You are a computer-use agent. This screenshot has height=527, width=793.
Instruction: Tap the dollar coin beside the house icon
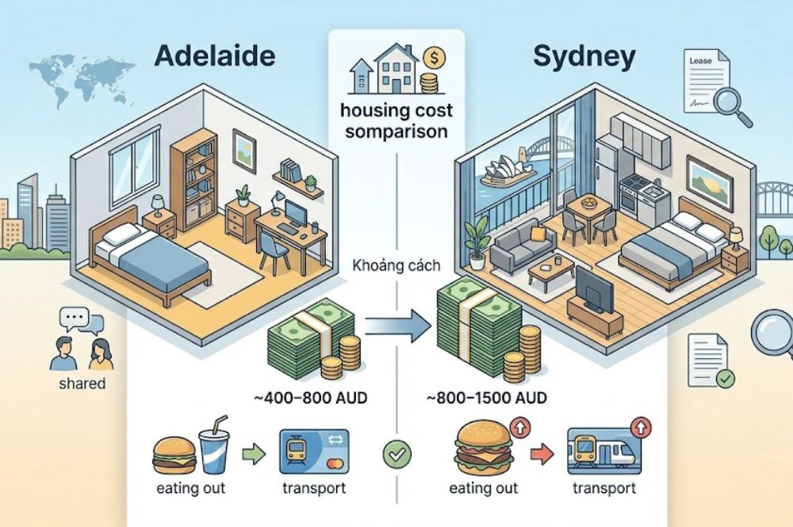click(433, 58)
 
